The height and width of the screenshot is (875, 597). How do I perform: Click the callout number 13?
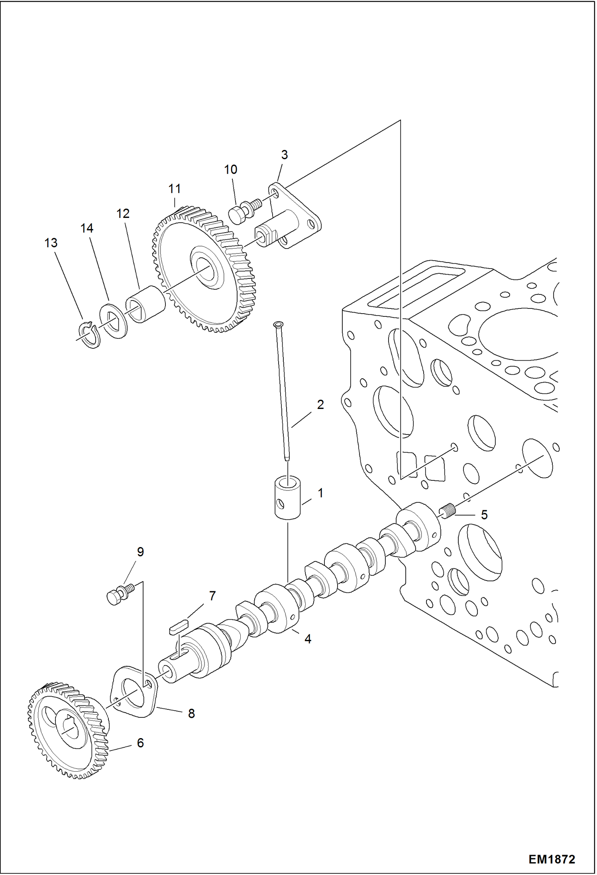51,243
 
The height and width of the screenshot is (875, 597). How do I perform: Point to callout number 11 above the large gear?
175,189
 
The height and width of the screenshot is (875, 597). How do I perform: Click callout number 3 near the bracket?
284,155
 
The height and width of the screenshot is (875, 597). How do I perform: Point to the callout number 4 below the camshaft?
308,639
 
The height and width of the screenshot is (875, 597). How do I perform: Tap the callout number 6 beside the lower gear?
140,743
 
